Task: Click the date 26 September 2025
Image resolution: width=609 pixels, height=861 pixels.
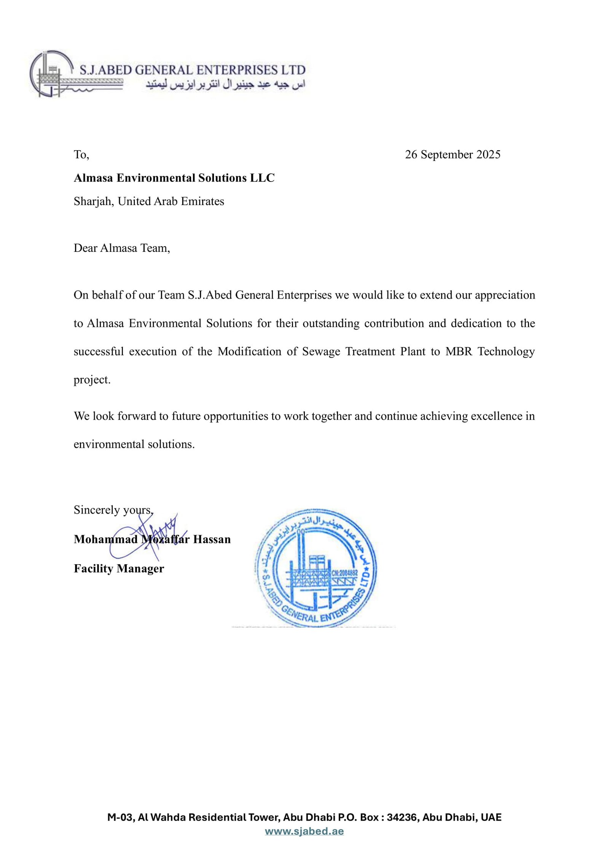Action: coord(452,154)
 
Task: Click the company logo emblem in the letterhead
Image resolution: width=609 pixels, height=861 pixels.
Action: coord(51,74)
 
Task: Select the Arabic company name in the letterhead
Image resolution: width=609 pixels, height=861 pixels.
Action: coord(225,84)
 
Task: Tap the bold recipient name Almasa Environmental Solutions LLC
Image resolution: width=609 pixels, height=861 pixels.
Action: coord(174,178)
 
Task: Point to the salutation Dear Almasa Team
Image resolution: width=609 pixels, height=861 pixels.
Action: coord(122,248)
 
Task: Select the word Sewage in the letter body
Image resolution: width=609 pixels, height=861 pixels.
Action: coord(321,351)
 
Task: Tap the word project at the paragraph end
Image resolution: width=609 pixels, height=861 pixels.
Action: coord(92,380)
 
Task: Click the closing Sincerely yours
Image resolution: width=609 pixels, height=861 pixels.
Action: coord(113,510)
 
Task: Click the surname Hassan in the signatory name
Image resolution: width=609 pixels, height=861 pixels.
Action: coord(212,539)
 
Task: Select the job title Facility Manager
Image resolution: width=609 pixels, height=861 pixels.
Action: coord(119,568)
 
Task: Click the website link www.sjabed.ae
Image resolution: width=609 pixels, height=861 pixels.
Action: coord(304,831)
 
